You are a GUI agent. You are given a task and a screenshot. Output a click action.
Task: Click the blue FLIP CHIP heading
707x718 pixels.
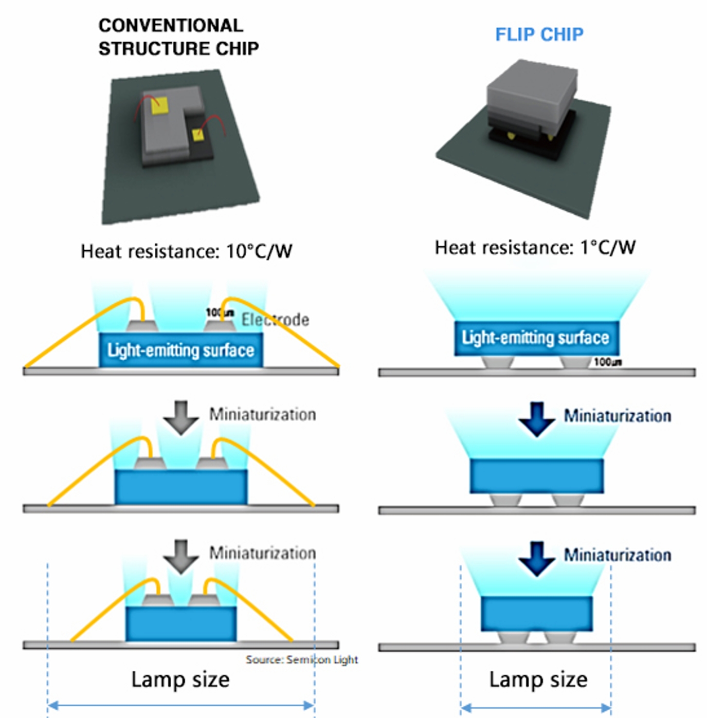pos(539,34)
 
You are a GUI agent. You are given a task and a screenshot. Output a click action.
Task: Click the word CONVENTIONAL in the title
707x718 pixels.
pos(171,25)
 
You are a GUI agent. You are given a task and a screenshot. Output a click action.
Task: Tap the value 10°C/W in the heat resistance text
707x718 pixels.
pos(259,251)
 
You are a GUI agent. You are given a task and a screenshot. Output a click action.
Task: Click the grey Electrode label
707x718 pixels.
pos(276,320)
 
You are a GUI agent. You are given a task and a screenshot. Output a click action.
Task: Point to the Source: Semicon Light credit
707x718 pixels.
pos(301,659)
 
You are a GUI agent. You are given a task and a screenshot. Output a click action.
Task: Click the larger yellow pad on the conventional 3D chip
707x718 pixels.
pos(159,106)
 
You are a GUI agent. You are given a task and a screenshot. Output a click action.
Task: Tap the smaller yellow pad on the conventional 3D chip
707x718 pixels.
pos(197,135)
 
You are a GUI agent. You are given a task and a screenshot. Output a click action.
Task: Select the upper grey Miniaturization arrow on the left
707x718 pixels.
pos(181,417)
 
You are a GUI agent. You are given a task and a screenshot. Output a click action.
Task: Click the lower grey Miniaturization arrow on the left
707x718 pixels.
pos(181,556)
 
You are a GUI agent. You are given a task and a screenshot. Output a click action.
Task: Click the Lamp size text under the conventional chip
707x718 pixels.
pos(180,679)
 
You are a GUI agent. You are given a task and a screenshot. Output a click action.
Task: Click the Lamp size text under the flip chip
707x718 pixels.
pos(538,679)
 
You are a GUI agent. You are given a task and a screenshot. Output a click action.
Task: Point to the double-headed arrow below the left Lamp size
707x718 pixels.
pos(180,705)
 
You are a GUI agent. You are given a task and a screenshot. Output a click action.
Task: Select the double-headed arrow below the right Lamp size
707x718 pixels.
pos(536,708)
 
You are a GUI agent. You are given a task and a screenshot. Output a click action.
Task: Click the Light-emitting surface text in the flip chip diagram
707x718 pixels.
pos(535,338)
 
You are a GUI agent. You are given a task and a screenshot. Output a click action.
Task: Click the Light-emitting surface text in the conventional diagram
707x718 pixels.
pos(180,350)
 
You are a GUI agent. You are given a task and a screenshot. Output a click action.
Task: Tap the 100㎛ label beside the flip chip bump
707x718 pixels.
pos(607,362)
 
